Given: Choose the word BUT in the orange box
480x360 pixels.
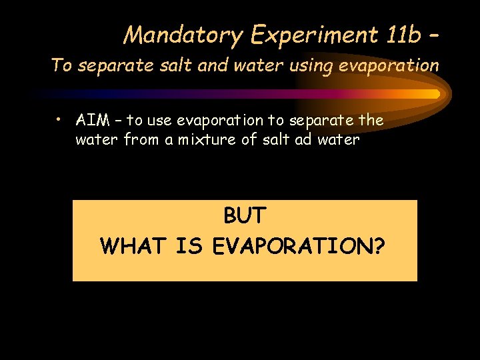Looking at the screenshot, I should click(x=245, y=216).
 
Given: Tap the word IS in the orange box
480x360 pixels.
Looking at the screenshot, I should click(x=189, y=246).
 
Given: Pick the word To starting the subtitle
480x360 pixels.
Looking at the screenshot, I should click(x=61, y=65).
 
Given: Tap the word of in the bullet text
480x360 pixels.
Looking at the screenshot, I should click(x=276, y=140).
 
